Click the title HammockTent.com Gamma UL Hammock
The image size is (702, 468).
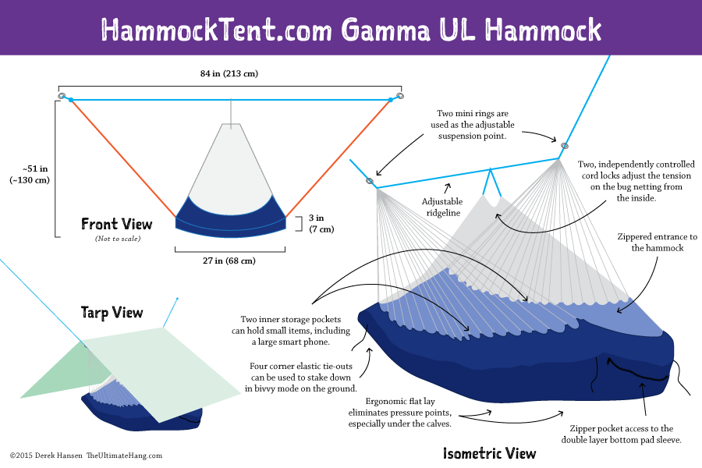[x=351, y=29]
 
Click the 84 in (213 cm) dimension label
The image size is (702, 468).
[x=229, y=73]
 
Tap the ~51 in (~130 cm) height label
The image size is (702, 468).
[x=30, y=174]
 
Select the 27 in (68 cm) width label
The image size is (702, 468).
[x=229, y=261]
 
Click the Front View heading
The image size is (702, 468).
[x=117, y=225]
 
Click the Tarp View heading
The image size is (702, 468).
[x=112, y=313]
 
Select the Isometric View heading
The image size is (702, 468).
[x=489, y=453]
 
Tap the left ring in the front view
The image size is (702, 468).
[x=61, y=96]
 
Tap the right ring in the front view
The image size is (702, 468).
[x=400, y=96]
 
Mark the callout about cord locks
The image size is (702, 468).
[x=633, y=181]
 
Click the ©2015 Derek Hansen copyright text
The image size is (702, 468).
[x=86, y=456]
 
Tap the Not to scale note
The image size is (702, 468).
[x=117, y=238]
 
